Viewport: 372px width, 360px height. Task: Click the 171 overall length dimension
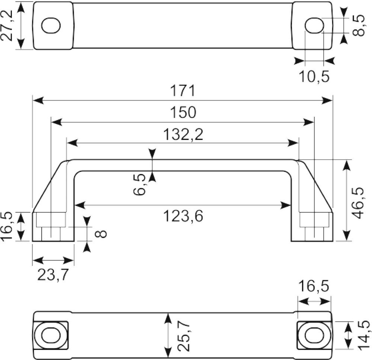tap(183, 90)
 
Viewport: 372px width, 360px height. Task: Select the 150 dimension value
tap(183, 112)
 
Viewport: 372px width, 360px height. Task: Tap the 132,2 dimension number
tap(183, 135)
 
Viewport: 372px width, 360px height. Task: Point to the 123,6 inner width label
tap(183, 216)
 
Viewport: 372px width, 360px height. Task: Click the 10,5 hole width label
tap(314, 76)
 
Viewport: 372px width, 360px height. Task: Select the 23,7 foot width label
tap(53, 275)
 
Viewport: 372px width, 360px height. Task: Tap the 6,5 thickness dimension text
tap(139, 184)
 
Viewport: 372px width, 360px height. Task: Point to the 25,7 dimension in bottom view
tap(184, 337)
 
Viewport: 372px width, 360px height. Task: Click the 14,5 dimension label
tap(364, 335)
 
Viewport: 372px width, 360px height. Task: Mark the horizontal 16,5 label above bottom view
tap(314, 286)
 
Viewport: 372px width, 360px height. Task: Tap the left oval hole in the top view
tap(51, 25)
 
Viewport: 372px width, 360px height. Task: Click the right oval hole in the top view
tap(314, 25)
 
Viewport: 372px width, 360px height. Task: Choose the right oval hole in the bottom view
tap(314, 335)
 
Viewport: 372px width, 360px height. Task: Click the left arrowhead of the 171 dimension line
tap(38, 100)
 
